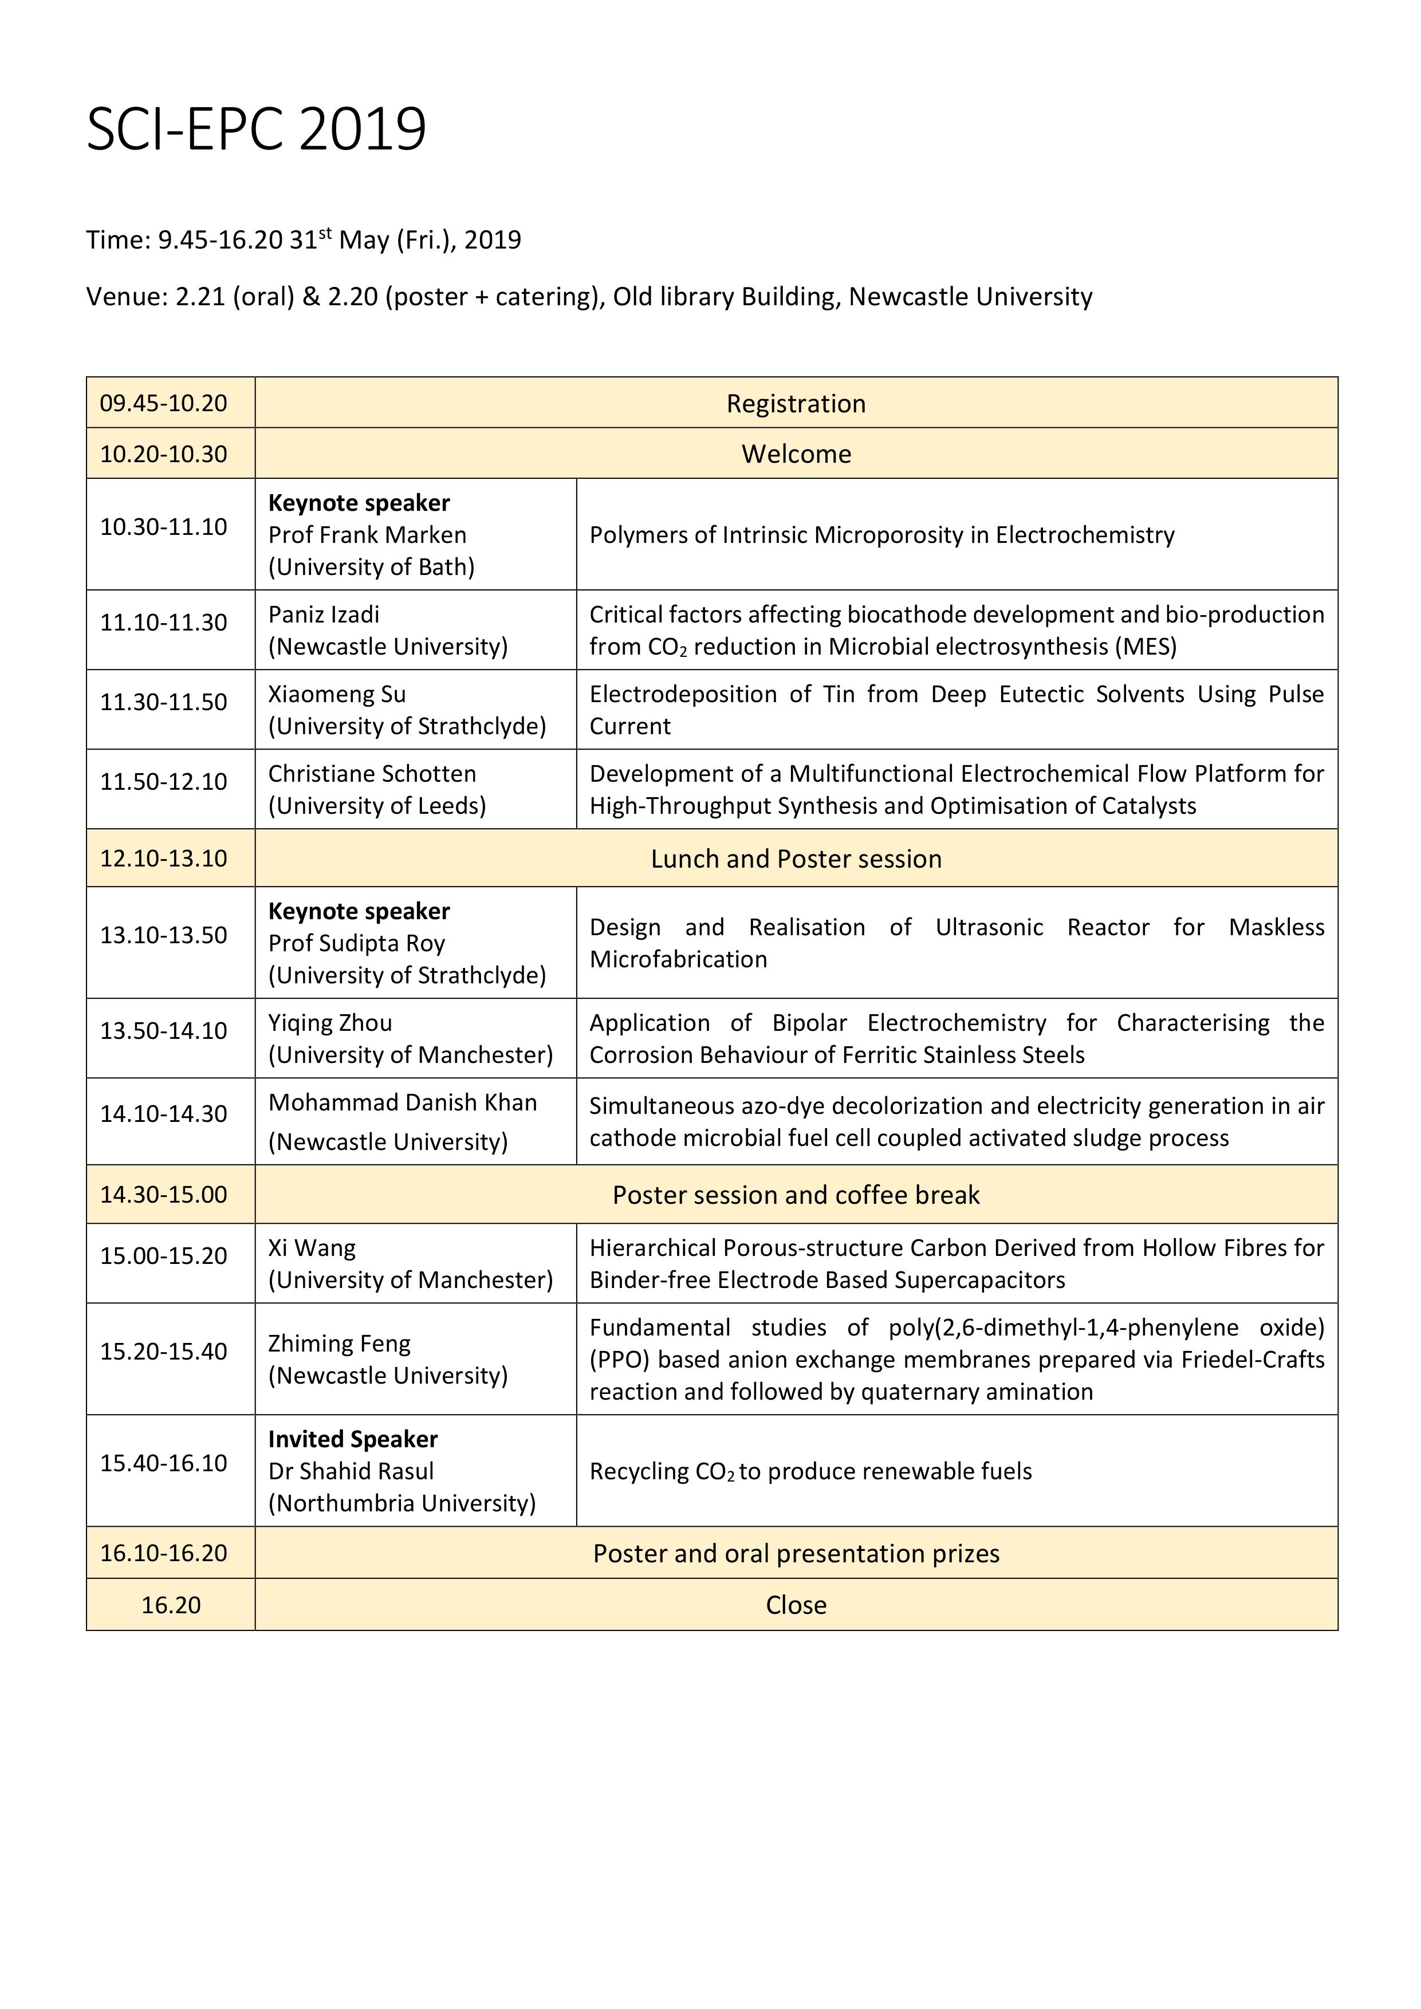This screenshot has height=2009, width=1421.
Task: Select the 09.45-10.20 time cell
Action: point(164,403)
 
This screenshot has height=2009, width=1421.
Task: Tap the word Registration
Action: point(796,403)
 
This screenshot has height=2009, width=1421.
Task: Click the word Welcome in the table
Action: point(796,454)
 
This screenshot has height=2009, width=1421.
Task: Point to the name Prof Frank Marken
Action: point(368,535)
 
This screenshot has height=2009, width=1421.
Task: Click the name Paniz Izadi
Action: point(324,614)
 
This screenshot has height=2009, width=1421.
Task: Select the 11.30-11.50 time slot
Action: point(164,702)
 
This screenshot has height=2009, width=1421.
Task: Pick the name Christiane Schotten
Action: point(372,774)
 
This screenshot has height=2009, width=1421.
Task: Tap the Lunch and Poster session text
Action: point(796,858)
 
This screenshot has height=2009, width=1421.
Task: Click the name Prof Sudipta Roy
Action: point(357,943)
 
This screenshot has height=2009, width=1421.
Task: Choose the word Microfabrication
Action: point(678,959)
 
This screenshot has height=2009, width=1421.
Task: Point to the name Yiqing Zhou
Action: point(330,1023)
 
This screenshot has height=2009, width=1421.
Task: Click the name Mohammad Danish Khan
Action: point(403,1102)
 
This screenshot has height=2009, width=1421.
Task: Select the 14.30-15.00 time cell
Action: point(164,1195)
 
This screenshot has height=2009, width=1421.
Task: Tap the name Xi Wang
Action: point(312,1248)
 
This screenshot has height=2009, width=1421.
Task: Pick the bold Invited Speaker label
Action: point(353,1439)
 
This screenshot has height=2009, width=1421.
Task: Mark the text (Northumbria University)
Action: point(401,1503)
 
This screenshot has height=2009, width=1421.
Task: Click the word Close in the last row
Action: point(796,1605)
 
